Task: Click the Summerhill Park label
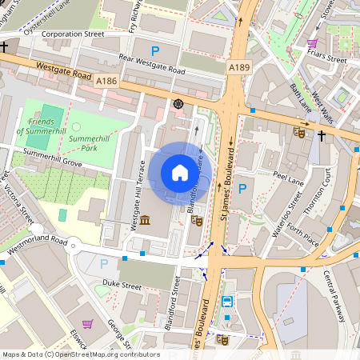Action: [95, 142]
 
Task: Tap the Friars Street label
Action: [329, 59]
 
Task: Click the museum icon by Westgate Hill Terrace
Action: [145, 220]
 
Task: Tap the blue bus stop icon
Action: [228, 302]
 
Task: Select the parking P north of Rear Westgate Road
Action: [156, 50]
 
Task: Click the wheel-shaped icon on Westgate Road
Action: [178, 103]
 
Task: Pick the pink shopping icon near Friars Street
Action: [312, 43]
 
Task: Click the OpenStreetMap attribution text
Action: [80, 354]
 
